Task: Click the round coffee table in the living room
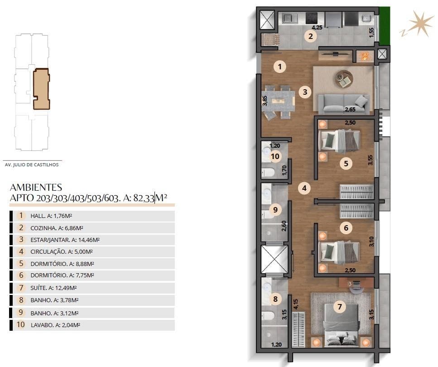pyautogui.click(x=344, y=79)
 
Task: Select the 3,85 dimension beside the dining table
pyautogui.click(x=265, y=100)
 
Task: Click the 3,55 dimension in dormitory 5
pyautogui.click(x=371, y=160)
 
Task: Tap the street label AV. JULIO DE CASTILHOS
pyautogui.click(x=31, y=164)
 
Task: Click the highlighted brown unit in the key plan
pyautogui.click(x=41, y=89)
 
